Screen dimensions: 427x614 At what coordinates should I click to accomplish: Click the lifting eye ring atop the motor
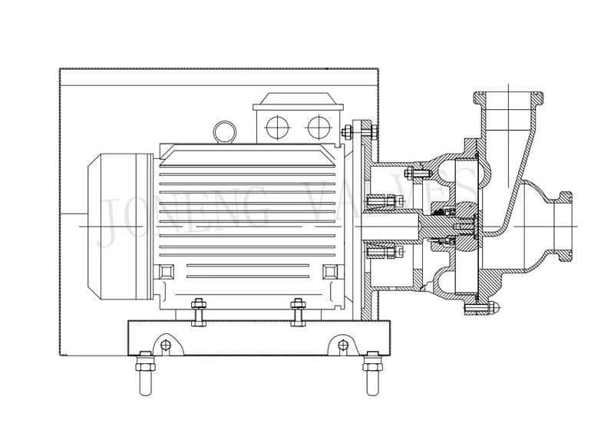[x=225, y=131]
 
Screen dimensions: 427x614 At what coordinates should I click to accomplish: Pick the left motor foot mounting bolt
[x=197, y=310]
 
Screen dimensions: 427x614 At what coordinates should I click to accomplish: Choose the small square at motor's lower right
[x=331, y=271]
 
